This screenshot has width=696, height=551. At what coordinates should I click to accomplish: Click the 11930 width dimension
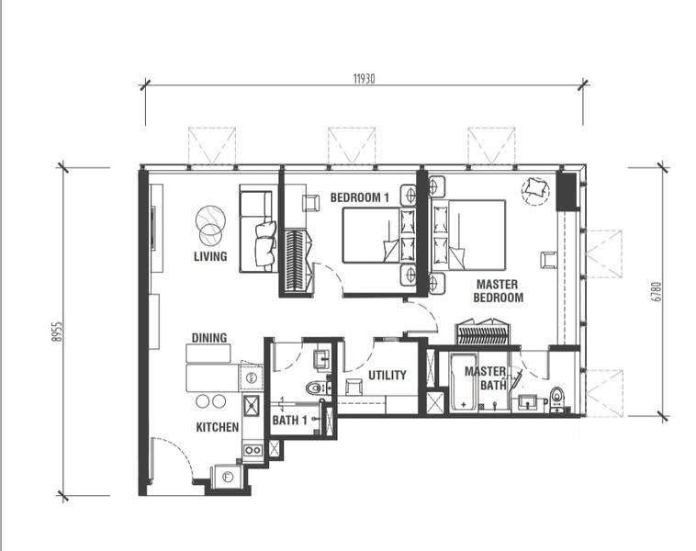pyautogui.click(x=364, y=79)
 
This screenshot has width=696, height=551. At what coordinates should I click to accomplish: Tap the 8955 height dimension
pyautogui.click(x=56, y=332)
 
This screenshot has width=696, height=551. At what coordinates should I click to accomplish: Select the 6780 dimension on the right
pyautogui.click(x=657, y=292)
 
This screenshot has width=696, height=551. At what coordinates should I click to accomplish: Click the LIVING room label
pyautogui.click(x=210, y=256)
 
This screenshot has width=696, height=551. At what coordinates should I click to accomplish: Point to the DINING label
pyautogui.click(x=209, y=338)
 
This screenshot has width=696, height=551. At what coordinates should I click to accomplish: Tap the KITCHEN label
pyautogui.click(x=218, y=427)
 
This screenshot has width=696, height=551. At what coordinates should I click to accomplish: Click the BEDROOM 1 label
pyautogui.click(x=360, y=197)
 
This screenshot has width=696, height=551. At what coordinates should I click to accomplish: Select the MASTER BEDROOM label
pyautogui.click(x=498, y=291)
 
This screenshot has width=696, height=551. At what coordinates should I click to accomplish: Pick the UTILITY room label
pyautogui.click(x=387, y=376)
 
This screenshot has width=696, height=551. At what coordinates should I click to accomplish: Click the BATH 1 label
pyautogui.click(x=289, y=420)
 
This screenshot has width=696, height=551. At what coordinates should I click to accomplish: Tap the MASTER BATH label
pyautogui.click(x=486, y=378)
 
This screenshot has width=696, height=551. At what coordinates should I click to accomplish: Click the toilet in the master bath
pyautogui.click(x=556, y=399)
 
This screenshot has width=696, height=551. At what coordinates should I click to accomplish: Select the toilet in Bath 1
pyautogui.click(x=317, y=388)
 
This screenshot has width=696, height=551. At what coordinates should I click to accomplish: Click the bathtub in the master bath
pyautogui.click(x=464, y=383)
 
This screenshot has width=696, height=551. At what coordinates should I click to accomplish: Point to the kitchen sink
pyautogui.click(x=252, y=406)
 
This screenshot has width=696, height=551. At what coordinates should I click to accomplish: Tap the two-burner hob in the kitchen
pyautogui.click(x=253, y=450)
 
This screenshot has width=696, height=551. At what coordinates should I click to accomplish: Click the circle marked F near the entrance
pyautogui.click(x=228, y=478)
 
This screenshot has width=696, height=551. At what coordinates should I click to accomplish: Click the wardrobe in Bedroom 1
pyautogui.click(x=295, y=260)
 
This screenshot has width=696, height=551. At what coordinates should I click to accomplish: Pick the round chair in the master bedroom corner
pyautogui.click(x=535, y=191)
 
